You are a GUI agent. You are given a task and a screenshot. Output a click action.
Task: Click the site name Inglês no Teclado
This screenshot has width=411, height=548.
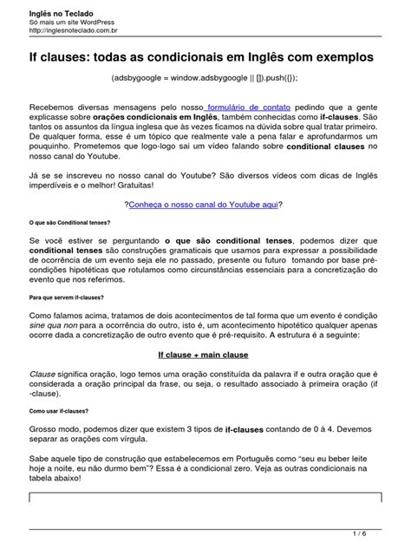[x=57, y=9]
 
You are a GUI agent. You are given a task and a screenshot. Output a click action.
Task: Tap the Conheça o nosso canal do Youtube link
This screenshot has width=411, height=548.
[x=205, y=204]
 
